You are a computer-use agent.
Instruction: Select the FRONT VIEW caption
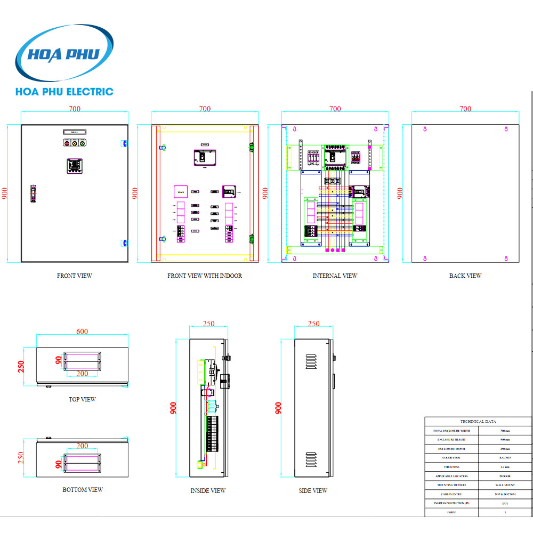click(74, 276)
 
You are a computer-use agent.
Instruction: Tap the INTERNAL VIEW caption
click(335, 276)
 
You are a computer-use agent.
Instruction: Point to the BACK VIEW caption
click(465, 276)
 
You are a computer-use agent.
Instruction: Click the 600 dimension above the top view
click(82, 332)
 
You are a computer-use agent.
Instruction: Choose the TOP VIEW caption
click(82, 399)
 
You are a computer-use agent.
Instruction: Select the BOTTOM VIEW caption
click(82, 490)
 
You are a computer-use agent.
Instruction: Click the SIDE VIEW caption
click(313, 490)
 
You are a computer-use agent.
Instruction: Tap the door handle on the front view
click(33, 193)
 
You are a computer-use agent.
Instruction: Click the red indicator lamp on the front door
click(67, 143)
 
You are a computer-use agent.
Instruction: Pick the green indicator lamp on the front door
click(82, 143)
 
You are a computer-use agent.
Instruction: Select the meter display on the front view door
click(74, 166)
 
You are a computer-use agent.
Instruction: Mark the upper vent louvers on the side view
click(312, 361)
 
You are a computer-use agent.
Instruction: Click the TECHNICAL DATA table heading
click(478, 421)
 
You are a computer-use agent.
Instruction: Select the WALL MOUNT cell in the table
click(505, 485)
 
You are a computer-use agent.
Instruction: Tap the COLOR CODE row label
click(451, 457)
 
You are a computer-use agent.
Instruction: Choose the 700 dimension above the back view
click(465, 109)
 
